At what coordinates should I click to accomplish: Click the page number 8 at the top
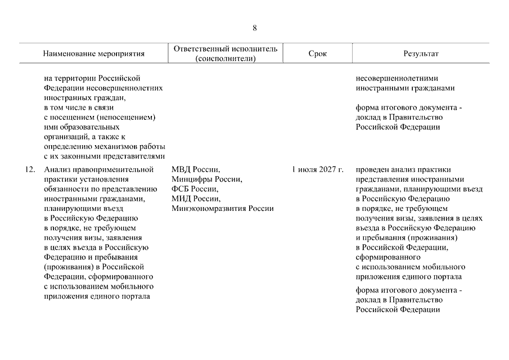pyautogui.click(x=255, y=28)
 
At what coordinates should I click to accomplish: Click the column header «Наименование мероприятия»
pyautogui.click(x=94, y=54)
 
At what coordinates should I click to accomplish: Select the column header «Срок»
pyautogui.click(x=317, y=54)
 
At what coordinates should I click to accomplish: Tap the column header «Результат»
pyautogui.click(x=421, y=54)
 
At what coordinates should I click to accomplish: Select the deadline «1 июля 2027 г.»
pyautogui.click(x=317, y=169)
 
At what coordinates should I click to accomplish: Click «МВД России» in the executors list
pyautogui.click(x=196, y=169)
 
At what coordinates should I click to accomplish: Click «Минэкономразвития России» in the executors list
pyautogui.click(x=223, y=209)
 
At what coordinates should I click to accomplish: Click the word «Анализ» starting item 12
pyautogui.click(x=56, y=169)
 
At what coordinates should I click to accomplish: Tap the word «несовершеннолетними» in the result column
pyautogui.click(x=397, y=78)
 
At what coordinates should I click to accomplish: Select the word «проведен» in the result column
pyautogui.click(x=372, y=169)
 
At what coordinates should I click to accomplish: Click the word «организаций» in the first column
pyautogui.click(x=65, y=137)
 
